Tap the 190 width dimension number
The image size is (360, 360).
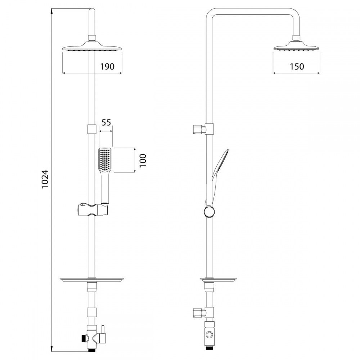point(107,67)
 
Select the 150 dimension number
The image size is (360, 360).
point(297,67)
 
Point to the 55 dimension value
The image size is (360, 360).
point(106,122)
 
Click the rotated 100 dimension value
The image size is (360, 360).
point(143,161)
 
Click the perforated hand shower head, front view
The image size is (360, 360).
point(105,159)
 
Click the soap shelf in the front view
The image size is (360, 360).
point(92,279)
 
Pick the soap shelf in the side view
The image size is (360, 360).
point(218,279)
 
